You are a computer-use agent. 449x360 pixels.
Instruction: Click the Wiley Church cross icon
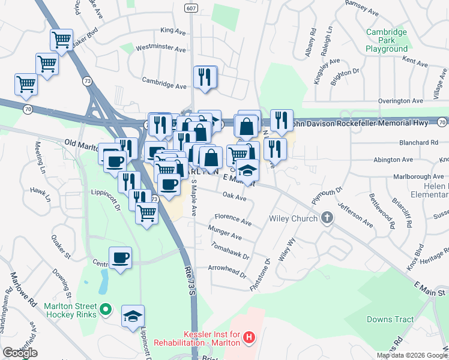[x=327, y=218]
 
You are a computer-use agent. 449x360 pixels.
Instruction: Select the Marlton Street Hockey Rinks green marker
[x=106, y=310]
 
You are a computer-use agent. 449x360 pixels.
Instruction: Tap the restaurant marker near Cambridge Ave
[x=205, y=77]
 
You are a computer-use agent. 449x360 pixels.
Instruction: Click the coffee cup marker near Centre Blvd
[x=120, y=257]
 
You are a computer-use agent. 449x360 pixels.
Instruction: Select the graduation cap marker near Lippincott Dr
[x=133, y=316]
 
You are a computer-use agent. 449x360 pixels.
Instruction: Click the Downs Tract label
[x=390, y=319]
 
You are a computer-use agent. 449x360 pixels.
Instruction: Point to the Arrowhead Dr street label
[x=227, y=271]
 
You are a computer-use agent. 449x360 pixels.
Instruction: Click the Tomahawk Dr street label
[x=231, y=250]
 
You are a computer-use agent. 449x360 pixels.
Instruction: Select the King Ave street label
[x=174, y=30]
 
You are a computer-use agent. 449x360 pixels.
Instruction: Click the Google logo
[x=20, y=353]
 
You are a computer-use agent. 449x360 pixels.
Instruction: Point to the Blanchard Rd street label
[x=418, y=143]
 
